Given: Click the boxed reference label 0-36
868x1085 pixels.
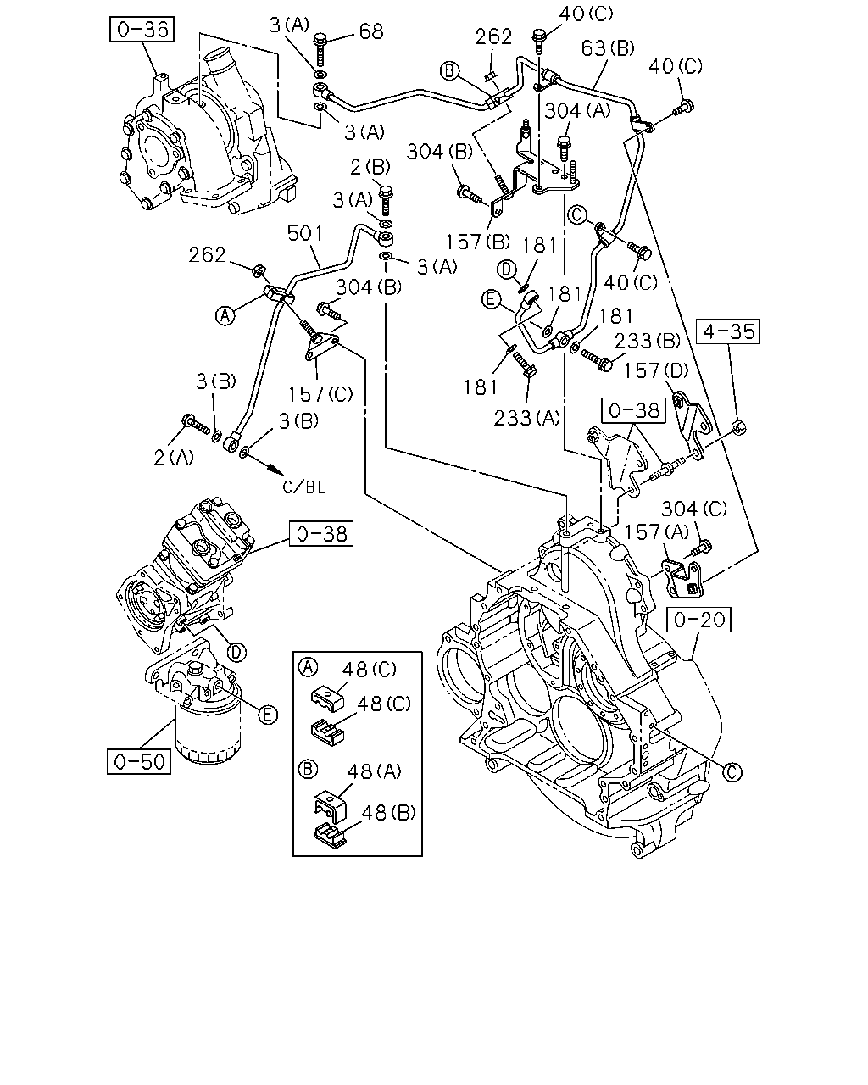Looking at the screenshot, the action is click(x=142, y=29).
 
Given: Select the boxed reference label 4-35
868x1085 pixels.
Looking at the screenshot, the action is click(x=728, y=331).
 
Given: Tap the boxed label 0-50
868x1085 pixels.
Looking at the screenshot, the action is click(x=139, y=761).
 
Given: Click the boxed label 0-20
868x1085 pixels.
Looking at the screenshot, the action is click(x=699, y=619).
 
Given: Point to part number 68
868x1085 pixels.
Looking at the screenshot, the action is click(x=371, y=31).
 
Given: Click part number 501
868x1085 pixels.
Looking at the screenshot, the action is click(x=304, y=233).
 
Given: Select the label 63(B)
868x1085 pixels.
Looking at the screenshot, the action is click(x=608, y=48).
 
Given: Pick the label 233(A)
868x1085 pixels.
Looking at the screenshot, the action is click(x=526, y=418).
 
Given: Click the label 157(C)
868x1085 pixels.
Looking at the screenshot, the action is click(x=320, y=394).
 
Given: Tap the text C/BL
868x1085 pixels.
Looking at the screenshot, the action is click(x=304, y=487).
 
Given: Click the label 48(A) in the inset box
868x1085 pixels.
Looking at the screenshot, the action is click(x=374, y=771).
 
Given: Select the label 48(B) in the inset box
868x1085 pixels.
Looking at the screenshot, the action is click(x=388, y=812).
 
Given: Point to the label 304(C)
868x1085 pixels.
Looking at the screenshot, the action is click(x=694, y=509).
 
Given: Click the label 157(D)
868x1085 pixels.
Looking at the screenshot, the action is click(x=656, y=371).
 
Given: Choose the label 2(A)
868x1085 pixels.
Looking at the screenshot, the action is click(x=174, y=458).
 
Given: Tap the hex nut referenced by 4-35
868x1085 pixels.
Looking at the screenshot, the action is click(x=738, y=427).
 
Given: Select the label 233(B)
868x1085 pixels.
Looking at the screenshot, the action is click(x=647, y=342).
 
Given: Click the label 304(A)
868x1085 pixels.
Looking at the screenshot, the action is click(x=577, y=110).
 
